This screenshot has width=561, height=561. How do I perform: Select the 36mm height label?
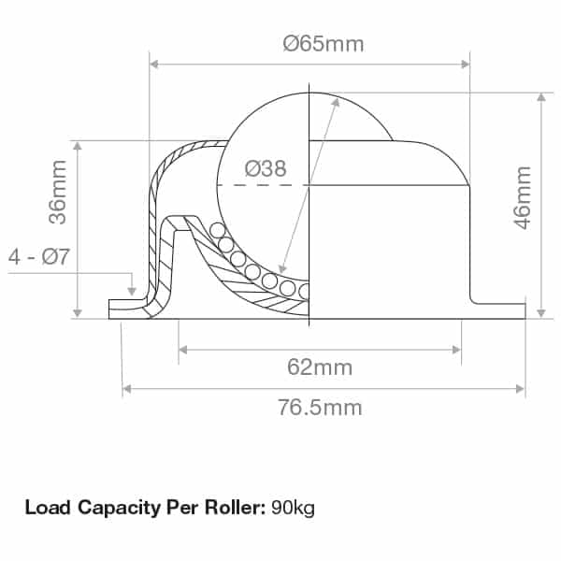pos(58,194)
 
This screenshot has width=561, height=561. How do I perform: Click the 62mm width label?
pos(320,367)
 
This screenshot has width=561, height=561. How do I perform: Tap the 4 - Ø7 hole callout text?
pos(38,257)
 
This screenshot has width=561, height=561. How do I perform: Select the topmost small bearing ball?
pos(217,230)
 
